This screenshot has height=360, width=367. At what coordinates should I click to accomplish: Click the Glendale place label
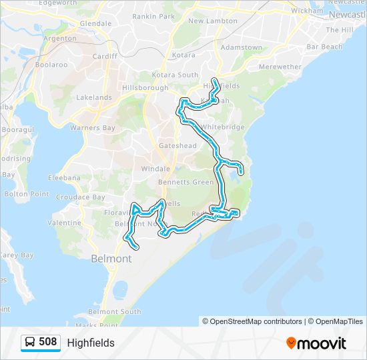(x=95, y=23)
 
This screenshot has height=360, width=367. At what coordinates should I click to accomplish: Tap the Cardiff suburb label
(x=105, y=56)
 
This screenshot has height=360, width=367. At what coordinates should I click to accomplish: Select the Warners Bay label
(x=93, y=127)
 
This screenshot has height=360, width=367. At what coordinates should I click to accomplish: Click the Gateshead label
(x=177, y=145)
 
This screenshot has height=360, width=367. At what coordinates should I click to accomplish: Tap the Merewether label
(x=280, y=67)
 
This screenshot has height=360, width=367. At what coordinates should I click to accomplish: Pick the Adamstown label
(x=242, y=48)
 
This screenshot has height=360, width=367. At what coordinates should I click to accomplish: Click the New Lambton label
(x=213, y=21)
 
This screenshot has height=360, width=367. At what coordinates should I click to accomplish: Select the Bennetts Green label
(x=186, y=182)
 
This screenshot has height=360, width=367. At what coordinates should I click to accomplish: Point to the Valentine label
(x=65, y=223)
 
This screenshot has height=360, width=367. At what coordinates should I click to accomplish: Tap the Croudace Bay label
(x=80, y=197)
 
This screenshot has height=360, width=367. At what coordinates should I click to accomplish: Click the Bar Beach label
(x=324, y=47)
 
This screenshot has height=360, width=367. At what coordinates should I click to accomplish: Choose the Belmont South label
(x=115, y=311)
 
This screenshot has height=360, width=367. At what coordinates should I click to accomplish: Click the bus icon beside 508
(x=30, y=343)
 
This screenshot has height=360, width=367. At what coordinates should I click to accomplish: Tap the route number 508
(x=48, y=343)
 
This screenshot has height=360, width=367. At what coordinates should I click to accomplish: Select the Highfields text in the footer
(x=91, y=343)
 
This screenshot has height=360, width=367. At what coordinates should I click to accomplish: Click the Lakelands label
(x=94, y=97)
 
